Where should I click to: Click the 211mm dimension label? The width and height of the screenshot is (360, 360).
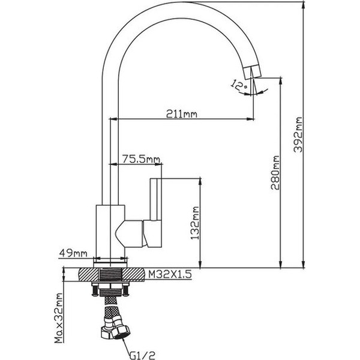pyautogui.click(x=181, y=113)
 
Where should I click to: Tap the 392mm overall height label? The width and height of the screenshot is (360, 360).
pyautogui.click(x=298, y=134)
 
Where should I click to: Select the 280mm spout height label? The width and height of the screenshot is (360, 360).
pyautogui.click(x=275, y=173)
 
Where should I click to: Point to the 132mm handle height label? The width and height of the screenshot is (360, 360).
pyautogui.click(x=195, y=223)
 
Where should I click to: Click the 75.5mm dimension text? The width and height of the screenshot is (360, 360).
pyautogui.click(x=141, y=158)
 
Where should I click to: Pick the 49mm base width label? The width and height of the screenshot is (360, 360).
pyautogui.click(x=73, y=253)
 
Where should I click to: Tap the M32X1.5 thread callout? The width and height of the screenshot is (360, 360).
pyautogui.click(x=170, y=274)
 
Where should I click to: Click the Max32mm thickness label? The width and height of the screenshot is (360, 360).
pyautogui.click(x=59, y=318)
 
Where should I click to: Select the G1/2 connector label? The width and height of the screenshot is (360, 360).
pyautogui.click(x=142, y=355)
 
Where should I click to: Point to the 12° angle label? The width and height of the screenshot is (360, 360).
pyautogui.click(x=239, y=85)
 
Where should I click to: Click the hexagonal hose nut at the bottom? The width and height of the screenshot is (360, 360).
pyautogui.click(x=121, y=331)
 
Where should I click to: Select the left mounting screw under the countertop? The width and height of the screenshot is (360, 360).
pyautogui.click(x=95, y=290)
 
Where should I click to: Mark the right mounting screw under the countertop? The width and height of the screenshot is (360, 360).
pyautogui.click(x=126, y=290)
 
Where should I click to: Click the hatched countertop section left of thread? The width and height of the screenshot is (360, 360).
pyautogui.click(x=89, y=274)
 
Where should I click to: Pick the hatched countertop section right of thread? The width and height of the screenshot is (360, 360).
pyautogui.click(x=133, y=274)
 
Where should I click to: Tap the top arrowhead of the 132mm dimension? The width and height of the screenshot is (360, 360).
pyautogui.click(x=200, y=182)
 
